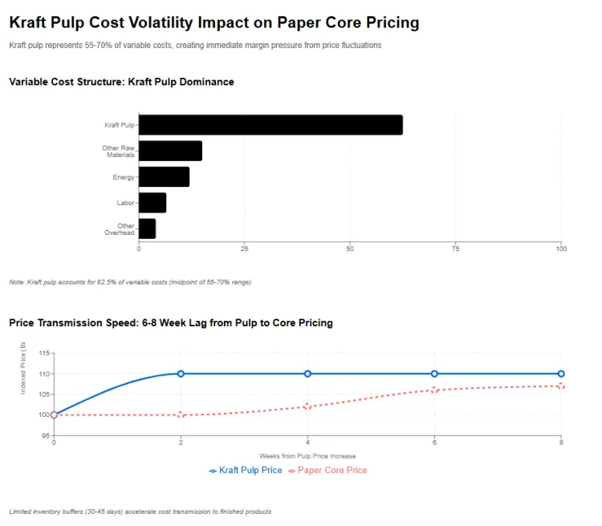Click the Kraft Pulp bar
tap(270, 125)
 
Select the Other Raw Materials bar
tap(170, 151)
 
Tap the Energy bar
tap(164, 176)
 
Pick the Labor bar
tap(153, 203)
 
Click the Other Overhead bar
tap(147, 229)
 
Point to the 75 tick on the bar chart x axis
tap(456, 249)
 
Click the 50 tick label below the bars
tap(350, 249)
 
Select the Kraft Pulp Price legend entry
tap(246, 470)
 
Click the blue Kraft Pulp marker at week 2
tap(181, 374)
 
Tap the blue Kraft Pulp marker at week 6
tap(434, 374)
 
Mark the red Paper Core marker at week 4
tap(307, 407)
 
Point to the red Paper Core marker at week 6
tap(434, 390)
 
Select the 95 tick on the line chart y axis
tap(45, 435)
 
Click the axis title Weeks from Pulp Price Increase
tap(307, 455)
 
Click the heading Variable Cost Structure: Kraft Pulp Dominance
tap(121, 82)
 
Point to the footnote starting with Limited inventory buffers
tap(140, 511)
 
